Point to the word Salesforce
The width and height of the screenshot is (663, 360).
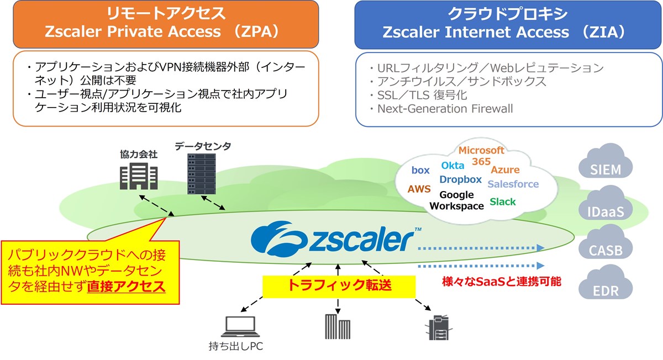(x=513, y=184)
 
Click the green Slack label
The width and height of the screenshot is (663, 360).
(x=502, y=202)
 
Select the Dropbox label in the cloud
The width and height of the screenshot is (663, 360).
(x=461, y=179)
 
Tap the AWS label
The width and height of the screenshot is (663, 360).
(x=419, y=189)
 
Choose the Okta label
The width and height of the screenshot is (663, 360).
(x=452, y=165)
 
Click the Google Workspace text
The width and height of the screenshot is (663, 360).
(x=456, y=200)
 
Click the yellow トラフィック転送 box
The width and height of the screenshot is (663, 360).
(x=338, y=285)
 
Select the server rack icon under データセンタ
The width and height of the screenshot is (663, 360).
(x=202, y=172)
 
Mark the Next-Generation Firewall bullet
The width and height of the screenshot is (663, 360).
(x=444, y=109)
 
